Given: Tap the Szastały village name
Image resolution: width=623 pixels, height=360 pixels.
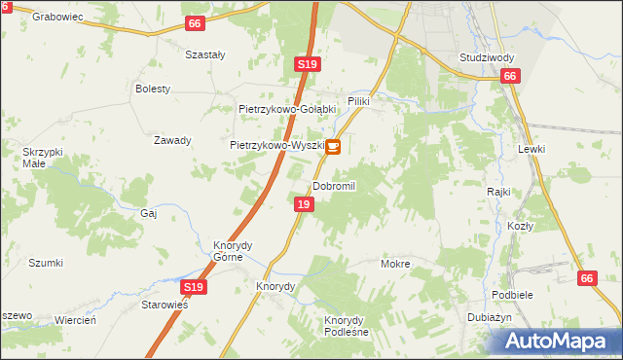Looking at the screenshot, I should [x=205, y=55].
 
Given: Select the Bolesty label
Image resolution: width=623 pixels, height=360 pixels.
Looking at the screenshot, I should [x=153, y=89].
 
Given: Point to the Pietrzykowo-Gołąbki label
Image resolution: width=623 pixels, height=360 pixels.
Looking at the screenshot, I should [x=287, y=109].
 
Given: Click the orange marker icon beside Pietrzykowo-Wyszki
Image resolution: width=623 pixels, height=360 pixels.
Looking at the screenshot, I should [x=333, y=147].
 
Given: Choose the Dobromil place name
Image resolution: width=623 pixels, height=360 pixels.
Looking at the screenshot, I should [x=335, y=186].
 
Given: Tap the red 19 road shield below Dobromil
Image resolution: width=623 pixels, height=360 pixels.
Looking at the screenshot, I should [x=304, y=204].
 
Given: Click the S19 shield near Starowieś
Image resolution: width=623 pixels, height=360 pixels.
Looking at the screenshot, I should [x=193, y=287].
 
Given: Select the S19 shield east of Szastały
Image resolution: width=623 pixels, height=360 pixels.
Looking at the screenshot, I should [x=307, y=64].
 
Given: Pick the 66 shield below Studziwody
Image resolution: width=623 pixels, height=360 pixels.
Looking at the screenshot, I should [x=511, y=76].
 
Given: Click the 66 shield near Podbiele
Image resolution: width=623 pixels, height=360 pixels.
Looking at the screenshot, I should [x=585, y=278].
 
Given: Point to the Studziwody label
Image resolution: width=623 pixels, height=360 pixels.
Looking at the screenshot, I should [x=487, y=57].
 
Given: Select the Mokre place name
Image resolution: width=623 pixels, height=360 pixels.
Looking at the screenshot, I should [x=395, y=264].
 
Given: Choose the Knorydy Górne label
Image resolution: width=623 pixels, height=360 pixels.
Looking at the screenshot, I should [x=234, y=251].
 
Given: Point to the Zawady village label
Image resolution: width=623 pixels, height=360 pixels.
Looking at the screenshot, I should [x=172, y=140].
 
